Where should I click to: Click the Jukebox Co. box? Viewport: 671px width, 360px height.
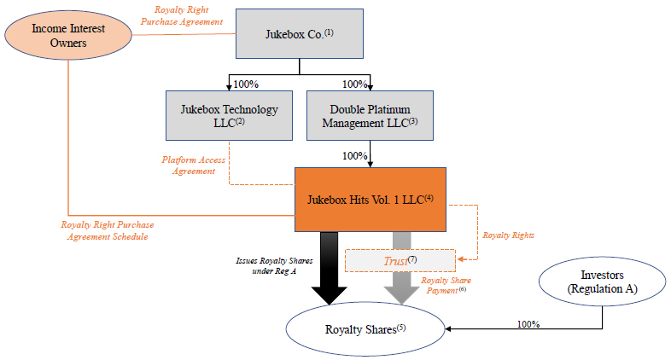click(x=299, y=34)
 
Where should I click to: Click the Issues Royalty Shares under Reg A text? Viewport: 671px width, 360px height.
click(x=273, y=265)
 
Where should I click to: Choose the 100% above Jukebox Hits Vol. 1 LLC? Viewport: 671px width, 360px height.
click(x=354, y=156)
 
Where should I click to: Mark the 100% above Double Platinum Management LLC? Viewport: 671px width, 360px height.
click(x=356, y=84)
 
